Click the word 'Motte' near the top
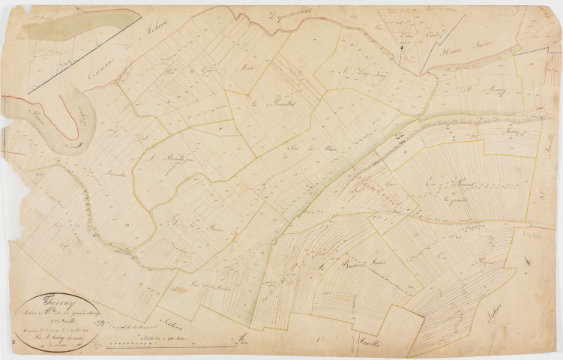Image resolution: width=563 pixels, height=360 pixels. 247,67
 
